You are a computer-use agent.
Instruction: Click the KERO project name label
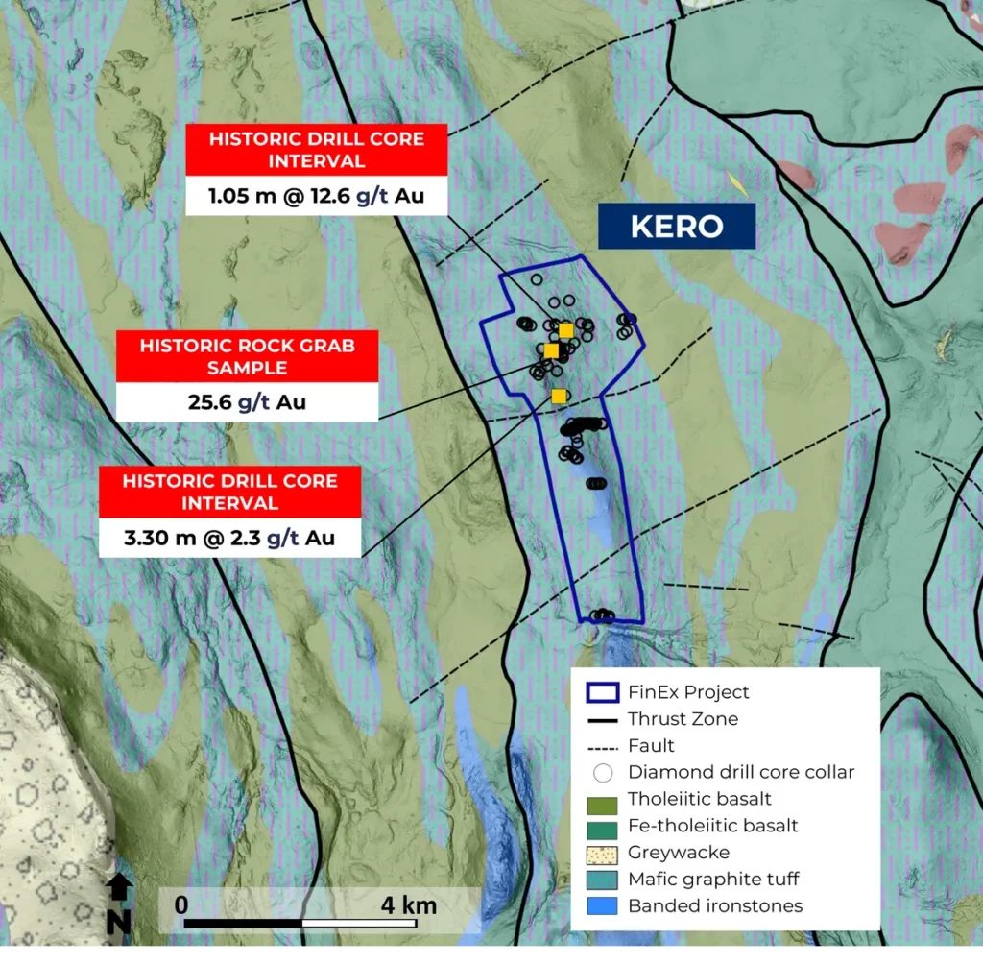[x=676, y=227]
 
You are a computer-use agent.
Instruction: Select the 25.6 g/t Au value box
[x=247, y=401]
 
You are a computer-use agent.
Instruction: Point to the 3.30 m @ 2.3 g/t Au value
[x=229, y=538]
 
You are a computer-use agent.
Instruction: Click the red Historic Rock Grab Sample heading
[x=247, y=356]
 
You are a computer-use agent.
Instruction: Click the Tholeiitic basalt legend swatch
[x=602, y=799]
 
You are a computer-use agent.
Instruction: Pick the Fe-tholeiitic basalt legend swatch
[x=602, y=826]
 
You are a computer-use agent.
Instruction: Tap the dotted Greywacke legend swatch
[x=602, y=853]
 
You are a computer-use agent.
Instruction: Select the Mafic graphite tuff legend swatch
[x=602, y=880]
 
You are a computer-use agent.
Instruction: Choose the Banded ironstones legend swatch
[x=602, y=906]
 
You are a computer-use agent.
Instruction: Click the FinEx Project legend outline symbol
[x=602, y=692]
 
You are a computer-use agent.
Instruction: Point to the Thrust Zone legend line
[x=602, y=719]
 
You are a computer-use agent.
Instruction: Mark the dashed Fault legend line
[x=602, y=746]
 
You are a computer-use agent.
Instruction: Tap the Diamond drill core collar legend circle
[x=602, y=773]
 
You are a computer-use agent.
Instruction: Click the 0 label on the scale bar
[x=182, y=904]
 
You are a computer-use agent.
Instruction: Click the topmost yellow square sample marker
[x=565, y=330]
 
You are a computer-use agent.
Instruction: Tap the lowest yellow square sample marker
[x=559, y=396]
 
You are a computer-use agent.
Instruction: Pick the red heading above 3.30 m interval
[x=229, y=491]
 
